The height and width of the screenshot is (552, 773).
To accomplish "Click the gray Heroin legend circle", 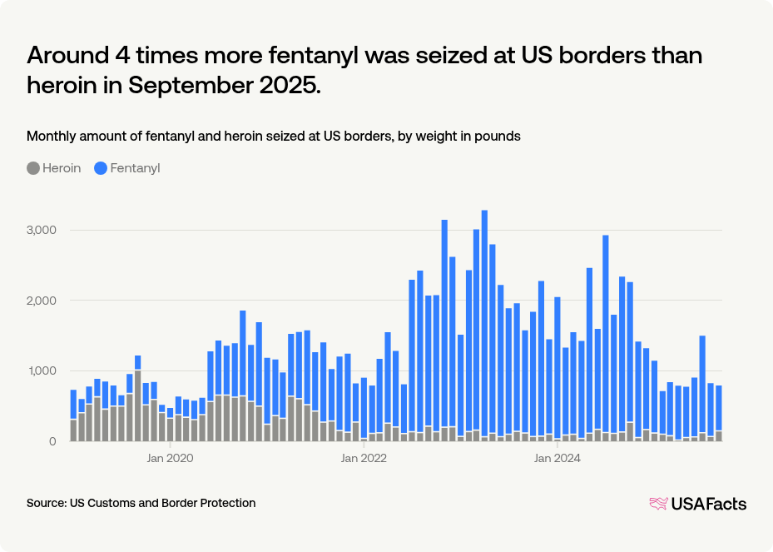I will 33,168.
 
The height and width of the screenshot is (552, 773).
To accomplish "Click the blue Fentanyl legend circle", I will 101,168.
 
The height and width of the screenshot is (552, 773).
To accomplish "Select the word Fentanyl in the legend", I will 135,168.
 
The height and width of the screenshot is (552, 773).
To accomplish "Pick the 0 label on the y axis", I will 52,441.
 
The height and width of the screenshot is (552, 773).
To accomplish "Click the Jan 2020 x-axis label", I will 170,458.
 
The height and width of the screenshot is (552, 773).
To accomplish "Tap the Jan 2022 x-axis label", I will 364,458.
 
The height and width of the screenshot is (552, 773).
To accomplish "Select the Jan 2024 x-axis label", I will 557,458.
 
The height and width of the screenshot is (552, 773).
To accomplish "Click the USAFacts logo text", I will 708,504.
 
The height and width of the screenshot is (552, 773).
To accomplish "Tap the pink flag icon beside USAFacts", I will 658,504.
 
